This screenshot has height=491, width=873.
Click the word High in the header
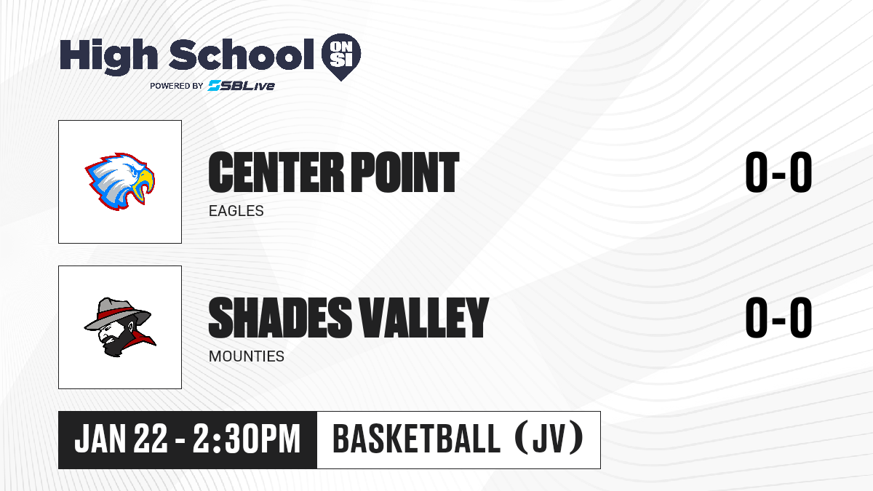click(108, 56)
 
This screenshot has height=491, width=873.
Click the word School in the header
click(242, 55)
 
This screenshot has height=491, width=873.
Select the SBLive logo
click(241, 86)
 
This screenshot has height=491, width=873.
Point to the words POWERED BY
click(177, 86)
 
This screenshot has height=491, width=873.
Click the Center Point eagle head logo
click(119, 181)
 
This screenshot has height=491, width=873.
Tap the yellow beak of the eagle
click(144, 185)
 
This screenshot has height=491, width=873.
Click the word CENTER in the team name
click(276, 172)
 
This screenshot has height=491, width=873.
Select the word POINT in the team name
click(405, 172)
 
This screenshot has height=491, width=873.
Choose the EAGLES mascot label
click(236, 211)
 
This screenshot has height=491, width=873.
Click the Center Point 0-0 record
click(778, 172)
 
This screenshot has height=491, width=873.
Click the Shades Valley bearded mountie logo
click(120, 327)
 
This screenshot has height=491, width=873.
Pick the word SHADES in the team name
click(280, 318)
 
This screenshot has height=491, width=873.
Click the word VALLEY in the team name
click(423, 318)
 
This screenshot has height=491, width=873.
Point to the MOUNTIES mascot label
click(247, 356)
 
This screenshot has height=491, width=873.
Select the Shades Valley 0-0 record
click(778, 318)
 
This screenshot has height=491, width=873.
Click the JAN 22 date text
click(121, 439)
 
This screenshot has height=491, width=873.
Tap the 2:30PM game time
click(247, 439)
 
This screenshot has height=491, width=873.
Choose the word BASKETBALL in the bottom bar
click(416, 439)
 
